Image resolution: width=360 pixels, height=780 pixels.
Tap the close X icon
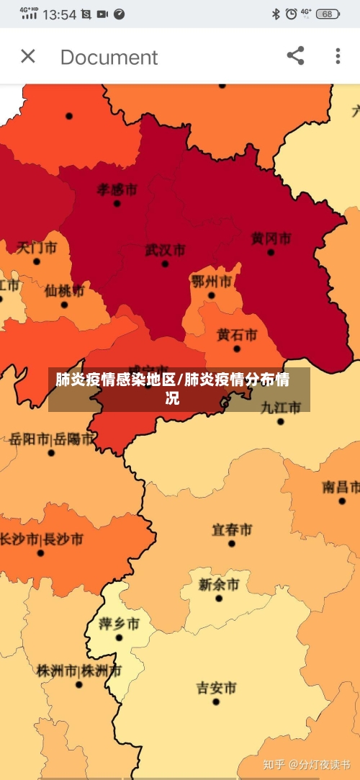click(x=28, y=56)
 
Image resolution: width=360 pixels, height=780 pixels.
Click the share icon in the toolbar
click(x=295, y=56)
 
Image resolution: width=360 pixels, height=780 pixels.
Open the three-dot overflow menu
click(x=338, y=56)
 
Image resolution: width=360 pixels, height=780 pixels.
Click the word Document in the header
click(x=109, y=57)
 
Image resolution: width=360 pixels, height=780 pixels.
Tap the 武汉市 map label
click(x=165, y=251)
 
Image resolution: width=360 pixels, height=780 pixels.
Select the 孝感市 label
click(x=117, y=189)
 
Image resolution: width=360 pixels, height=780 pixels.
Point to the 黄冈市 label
click(x=271, y=238)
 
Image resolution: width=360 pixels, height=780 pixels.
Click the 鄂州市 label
click(x=212, y=281)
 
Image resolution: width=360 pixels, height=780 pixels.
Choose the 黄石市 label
click(x=236, y=335)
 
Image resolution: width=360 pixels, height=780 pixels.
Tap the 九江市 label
click(x=280, y=408)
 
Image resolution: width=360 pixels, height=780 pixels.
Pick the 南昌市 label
click(x=341, y=488)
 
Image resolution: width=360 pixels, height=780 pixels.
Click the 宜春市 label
click(x=232, y=530)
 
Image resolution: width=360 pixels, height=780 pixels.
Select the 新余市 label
click(x=219, y=584)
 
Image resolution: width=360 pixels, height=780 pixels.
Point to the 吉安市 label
click(x=216, y=688)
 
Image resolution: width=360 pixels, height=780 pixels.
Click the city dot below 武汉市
click(x=165, y=264)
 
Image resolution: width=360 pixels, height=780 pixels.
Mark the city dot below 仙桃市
click(x=64, y=305)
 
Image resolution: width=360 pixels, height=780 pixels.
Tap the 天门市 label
click(x=37, y=248)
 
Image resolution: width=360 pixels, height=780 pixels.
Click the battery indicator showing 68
click(x=328, y=14)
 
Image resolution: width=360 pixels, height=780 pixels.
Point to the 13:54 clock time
click(x=60, y=14)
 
